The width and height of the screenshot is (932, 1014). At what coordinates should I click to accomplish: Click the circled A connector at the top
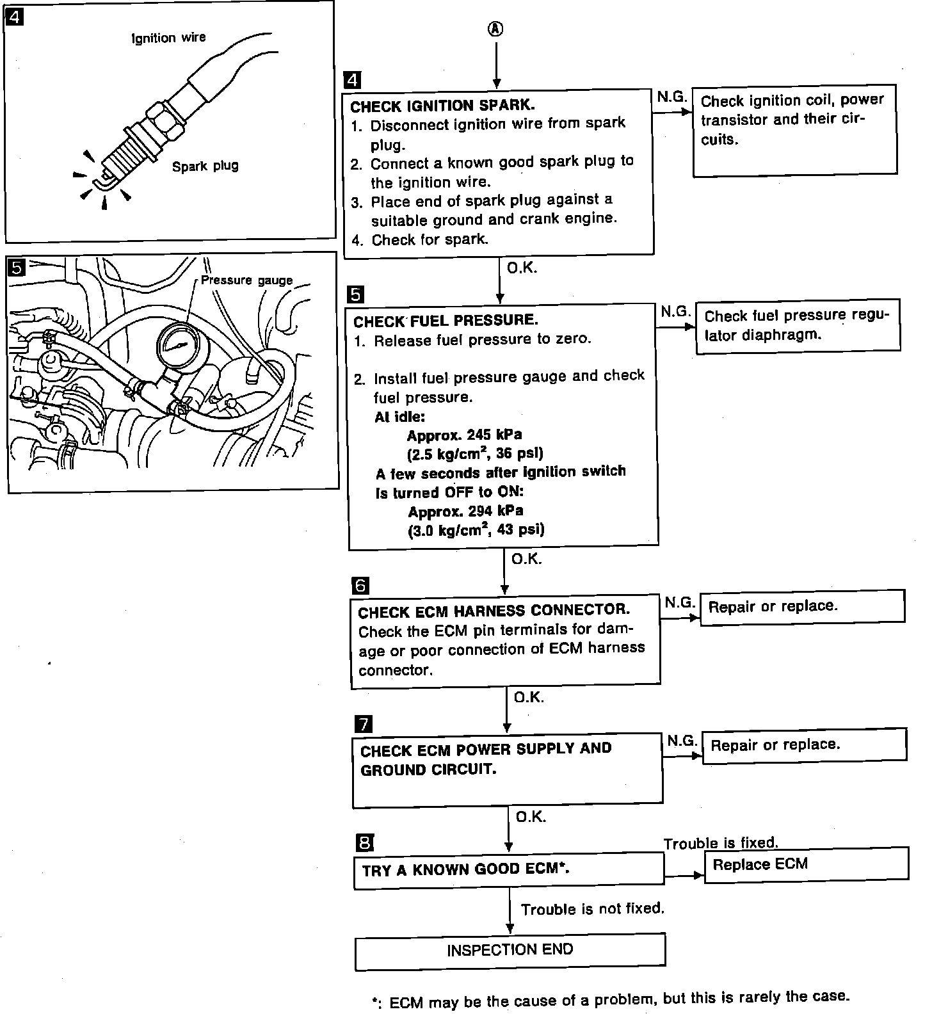496,29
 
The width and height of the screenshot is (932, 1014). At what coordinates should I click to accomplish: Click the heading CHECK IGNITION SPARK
442,106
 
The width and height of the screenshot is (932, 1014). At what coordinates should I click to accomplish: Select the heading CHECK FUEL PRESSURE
446,321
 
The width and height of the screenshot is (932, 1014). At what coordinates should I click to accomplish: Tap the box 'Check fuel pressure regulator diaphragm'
798,326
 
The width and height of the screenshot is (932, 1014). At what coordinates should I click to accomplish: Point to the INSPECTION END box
510,951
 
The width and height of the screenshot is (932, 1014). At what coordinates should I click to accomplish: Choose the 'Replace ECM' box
806,865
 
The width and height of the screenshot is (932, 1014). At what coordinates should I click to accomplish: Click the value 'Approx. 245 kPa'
464,435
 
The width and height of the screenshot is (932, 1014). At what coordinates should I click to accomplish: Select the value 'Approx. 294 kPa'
465,511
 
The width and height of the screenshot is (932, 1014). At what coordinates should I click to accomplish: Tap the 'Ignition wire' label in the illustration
168,38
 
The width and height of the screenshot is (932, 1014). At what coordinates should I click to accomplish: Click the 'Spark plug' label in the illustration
205,166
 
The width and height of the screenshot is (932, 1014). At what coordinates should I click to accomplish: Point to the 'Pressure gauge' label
246,280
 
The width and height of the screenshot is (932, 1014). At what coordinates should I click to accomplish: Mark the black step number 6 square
360,585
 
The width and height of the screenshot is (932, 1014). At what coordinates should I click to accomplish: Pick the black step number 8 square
364,843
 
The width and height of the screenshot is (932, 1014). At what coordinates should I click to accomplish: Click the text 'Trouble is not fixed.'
592,909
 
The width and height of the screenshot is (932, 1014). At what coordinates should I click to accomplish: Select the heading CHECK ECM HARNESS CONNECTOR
494,611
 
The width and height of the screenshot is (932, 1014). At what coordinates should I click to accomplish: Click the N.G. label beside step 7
682,741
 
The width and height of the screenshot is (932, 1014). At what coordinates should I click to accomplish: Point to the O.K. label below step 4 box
522,268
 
